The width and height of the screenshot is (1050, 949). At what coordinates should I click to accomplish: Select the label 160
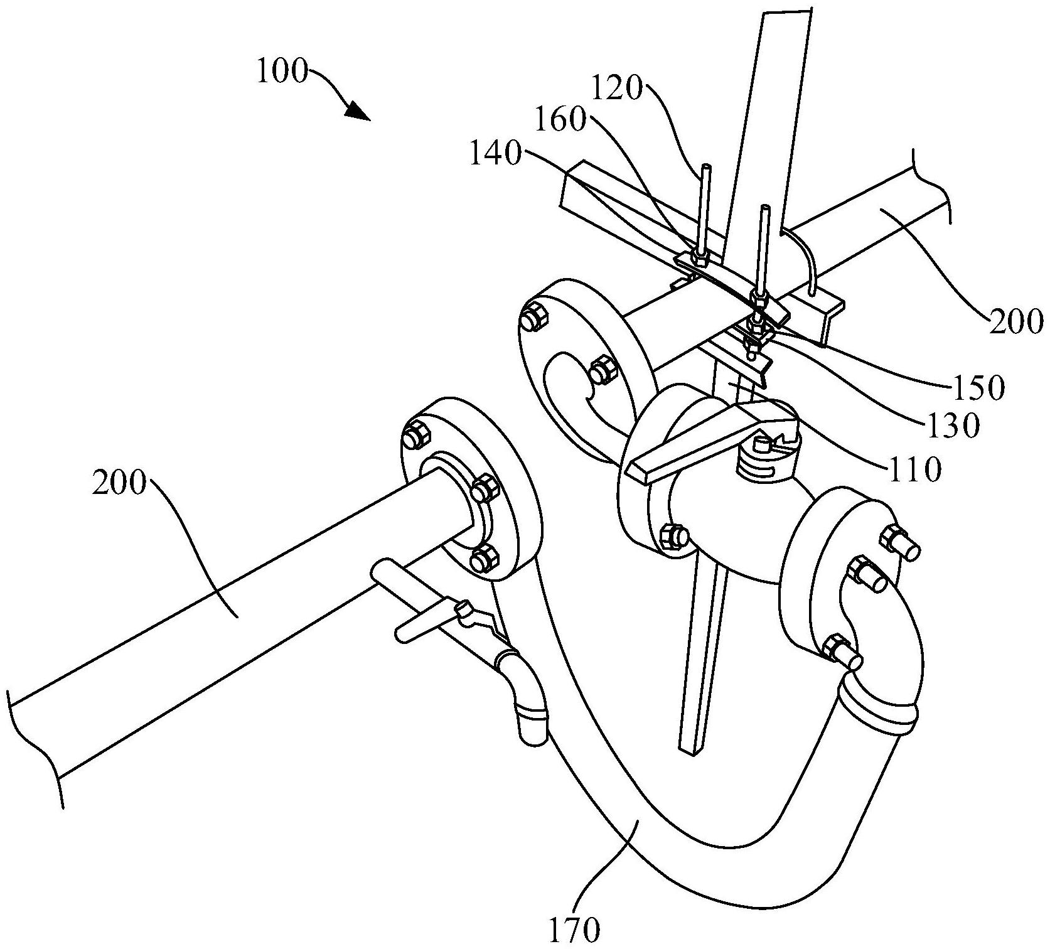click(560, 121)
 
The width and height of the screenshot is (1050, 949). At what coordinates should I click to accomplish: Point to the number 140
click(496, 154)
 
